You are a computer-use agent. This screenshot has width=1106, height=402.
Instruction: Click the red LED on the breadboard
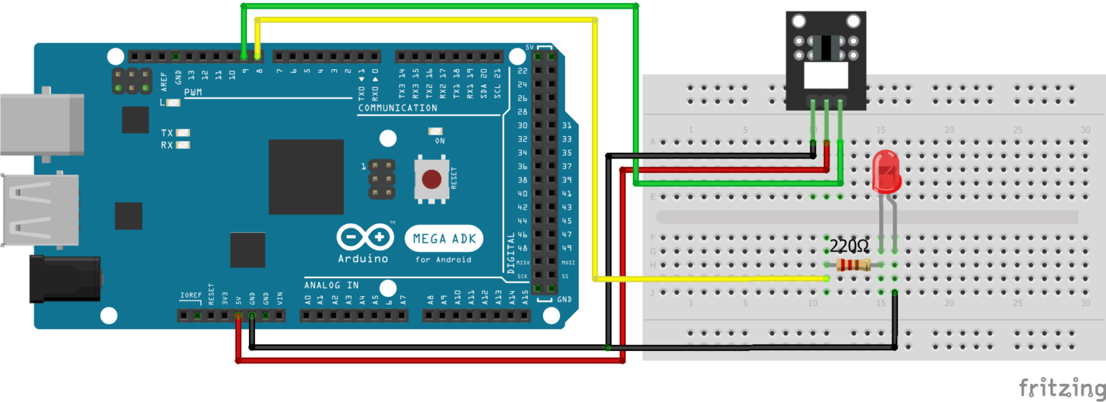(886, 173)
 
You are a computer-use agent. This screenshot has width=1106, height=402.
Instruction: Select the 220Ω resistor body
(853, 265)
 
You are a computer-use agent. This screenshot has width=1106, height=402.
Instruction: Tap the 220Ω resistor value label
(849, 246)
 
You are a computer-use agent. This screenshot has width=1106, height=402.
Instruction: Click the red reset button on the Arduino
(431, 179)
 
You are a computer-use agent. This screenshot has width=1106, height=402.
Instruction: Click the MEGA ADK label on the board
(444, 238)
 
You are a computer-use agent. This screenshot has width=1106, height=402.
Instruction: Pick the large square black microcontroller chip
(306, 177)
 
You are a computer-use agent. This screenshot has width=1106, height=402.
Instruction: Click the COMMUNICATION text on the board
(397, 108)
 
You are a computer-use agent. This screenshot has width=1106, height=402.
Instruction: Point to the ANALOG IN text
(331, 285)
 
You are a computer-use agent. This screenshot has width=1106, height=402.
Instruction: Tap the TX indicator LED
(183, 133)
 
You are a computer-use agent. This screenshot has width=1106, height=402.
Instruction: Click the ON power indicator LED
(436, 131)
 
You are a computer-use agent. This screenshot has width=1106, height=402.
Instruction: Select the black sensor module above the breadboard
(825, 61)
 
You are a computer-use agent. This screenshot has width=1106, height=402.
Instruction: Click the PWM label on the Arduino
(193, 93)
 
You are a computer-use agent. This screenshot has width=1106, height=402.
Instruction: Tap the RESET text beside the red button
(454, 179)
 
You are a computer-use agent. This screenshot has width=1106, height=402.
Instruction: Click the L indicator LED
(174, 103)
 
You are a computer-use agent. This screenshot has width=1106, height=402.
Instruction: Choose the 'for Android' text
(444, 259)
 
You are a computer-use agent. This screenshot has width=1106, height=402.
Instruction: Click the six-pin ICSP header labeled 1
(382, 179)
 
